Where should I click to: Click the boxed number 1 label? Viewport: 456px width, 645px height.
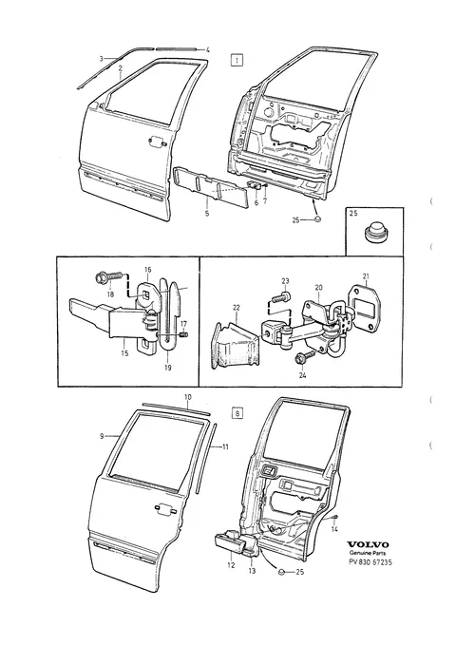[x=237, y=61]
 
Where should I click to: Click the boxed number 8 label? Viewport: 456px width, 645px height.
[x=237, y=412]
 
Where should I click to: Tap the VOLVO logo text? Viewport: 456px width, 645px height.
[x=367, y=544]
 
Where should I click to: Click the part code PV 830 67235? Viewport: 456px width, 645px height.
[x=368, y=562]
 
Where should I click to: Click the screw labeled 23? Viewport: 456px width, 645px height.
[x=281, y=296]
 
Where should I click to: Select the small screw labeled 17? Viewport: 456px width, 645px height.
[x=184, y=335]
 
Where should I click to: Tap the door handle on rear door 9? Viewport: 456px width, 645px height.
[x=165, y=508]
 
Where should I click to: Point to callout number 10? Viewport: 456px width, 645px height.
[x=187, y=397]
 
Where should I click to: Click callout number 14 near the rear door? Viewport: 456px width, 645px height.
[x=334, y=530]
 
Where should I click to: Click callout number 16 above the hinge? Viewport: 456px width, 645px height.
[x=148, y=270]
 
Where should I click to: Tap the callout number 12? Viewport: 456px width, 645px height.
[x=231, y=565]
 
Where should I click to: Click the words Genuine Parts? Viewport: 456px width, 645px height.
[x=368, y=553]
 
